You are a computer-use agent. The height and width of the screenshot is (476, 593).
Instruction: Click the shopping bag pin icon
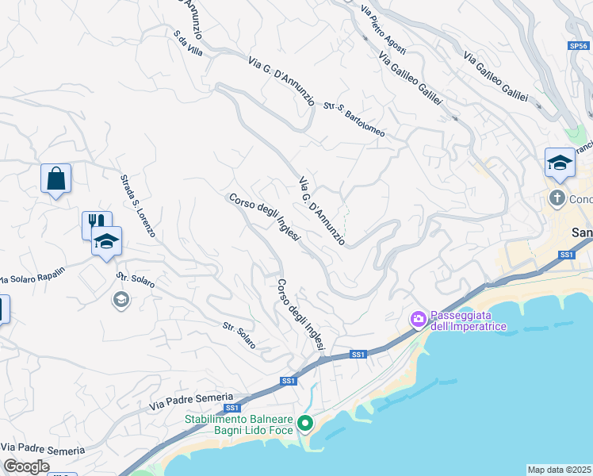pos(55,179)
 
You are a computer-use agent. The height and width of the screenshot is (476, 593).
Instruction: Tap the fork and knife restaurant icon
pos(94,224)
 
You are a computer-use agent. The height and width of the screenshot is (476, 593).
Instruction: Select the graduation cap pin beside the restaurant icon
pos(105,241)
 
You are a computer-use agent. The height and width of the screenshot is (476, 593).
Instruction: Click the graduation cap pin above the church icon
pos(560,163)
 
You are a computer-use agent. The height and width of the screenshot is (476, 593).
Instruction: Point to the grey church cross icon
pos(557,198)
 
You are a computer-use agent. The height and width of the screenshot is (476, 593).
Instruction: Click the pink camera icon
pos(417,319)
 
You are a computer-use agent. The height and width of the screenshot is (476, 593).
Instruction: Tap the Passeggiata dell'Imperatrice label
pos(463,319)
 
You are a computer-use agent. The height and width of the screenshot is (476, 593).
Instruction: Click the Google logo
pos(26,466)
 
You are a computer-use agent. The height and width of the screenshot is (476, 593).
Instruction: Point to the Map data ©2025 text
pos(560,470)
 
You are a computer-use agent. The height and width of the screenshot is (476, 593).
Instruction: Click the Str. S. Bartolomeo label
pos(354,119)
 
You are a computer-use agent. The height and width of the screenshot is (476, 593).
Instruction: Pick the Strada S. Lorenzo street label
pos(137,207)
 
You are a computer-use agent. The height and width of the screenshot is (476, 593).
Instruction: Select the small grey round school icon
pos(121,300)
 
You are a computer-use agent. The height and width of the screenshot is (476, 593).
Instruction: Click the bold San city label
pos(582,232)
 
